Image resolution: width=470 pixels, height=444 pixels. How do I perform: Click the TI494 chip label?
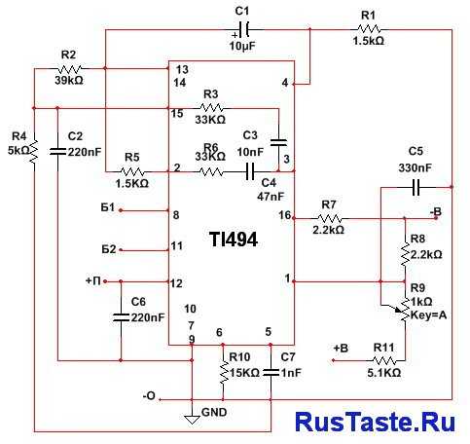point(234,240)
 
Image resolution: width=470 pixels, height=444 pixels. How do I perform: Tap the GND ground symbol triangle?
point(192,420)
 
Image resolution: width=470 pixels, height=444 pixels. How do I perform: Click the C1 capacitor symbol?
point(243,30)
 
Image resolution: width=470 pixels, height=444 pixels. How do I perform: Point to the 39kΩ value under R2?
point(69,80)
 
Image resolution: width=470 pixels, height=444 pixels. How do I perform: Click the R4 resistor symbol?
point(34,152)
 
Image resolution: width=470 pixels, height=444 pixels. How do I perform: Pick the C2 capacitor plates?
point(57,151)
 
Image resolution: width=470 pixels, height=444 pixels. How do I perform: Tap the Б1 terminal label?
point(108,207)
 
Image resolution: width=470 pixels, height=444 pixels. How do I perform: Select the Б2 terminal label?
point(109,249)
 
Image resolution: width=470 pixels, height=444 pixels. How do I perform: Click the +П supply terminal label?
point(92,280)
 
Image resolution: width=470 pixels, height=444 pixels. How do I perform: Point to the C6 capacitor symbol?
point(121,317)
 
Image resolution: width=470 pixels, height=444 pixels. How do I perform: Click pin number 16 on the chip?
point(284,215)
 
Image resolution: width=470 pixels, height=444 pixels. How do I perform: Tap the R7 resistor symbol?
point(329,218)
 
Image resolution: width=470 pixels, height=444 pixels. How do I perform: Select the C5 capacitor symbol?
point(416,187)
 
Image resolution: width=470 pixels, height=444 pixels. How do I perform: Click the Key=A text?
point(428,314)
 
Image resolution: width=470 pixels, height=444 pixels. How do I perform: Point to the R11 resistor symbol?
point(384,360)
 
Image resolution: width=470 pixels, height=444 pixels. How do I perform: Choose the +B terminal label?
point(341,349)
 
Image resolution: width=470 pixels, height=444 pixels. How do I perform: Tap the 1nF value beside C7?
point(291,373)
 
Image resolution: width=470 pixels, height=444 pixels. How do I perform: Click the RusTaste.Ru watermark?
point(376,422)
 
